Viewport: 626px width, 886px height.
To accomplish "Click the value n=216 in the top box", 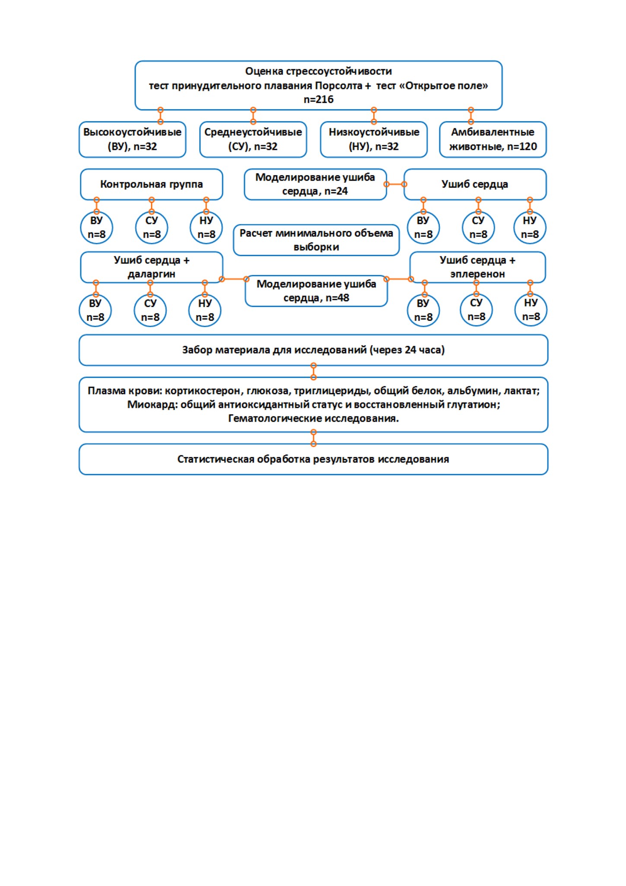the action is (x=318, y=99).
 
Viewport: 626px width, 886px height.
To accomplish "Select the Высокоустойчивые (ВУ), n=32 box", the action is (x=132, y=140).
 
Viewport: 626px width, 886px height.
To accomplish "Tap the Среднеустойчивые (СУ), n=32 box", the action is (x=253, y=140).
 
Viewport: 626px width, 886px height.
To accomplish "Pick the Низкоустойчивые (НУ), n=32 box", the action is (x=374, y=140).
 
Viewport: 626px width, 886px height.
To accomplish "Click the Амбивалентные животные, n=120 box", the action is (x=493, y=140).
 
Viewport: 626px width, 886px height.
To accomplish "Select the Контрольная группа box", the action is (x=152, y=185).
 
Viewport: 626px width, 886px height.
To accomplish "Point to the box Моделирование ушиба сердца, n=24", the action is (x=315, y=185).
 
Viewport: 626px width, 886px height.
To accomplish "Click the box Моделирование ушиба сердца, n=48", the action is (x=316, y=291).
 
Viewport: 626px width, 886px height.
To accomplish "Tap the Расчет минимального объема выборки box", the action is (x=316, y=240).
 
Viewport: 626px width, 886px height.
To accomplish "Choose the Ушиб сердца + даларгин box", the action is (x=152, y=267).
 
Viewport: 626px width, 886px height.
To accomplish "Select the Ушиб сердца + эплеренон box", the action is (x=477, y=267).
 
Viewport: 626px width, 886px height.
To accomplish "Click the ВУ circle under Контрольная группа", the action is (x=96, y=228).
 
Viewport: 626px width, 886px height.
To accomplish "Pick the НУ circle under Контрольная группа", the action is (x=206, y=228).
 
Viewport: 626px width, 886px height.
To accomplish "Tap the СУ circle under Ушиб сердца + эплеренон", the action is (x=476, y=310).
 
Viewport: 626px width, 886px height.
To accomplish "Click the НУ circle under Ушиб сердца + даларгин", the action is (x=205, y=310).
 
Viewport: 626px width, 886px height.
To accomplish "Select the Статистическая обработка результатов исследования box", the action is (x=313, y=459).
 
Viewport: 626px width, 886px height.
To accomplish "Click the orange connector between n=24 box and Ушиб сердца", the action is (x=395, y=185).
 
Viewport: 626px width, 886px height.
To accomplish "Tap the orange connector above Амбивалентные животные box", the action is (x=471, y=116).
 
